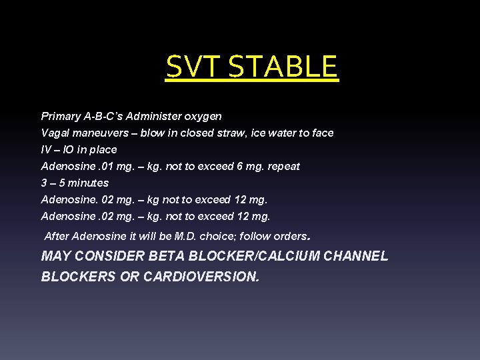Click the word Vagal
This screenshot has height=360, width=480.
[55, 133]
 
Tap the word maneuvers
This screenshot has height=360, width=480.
[99, 133]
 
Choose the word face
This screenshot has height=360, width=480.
[322, 133]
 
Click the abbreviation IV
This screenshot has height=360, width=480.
[46, 149]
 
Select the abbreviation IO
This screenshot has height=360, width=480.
[69, 149]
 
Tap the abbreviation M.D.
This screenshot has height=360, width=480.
[186, 236]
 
